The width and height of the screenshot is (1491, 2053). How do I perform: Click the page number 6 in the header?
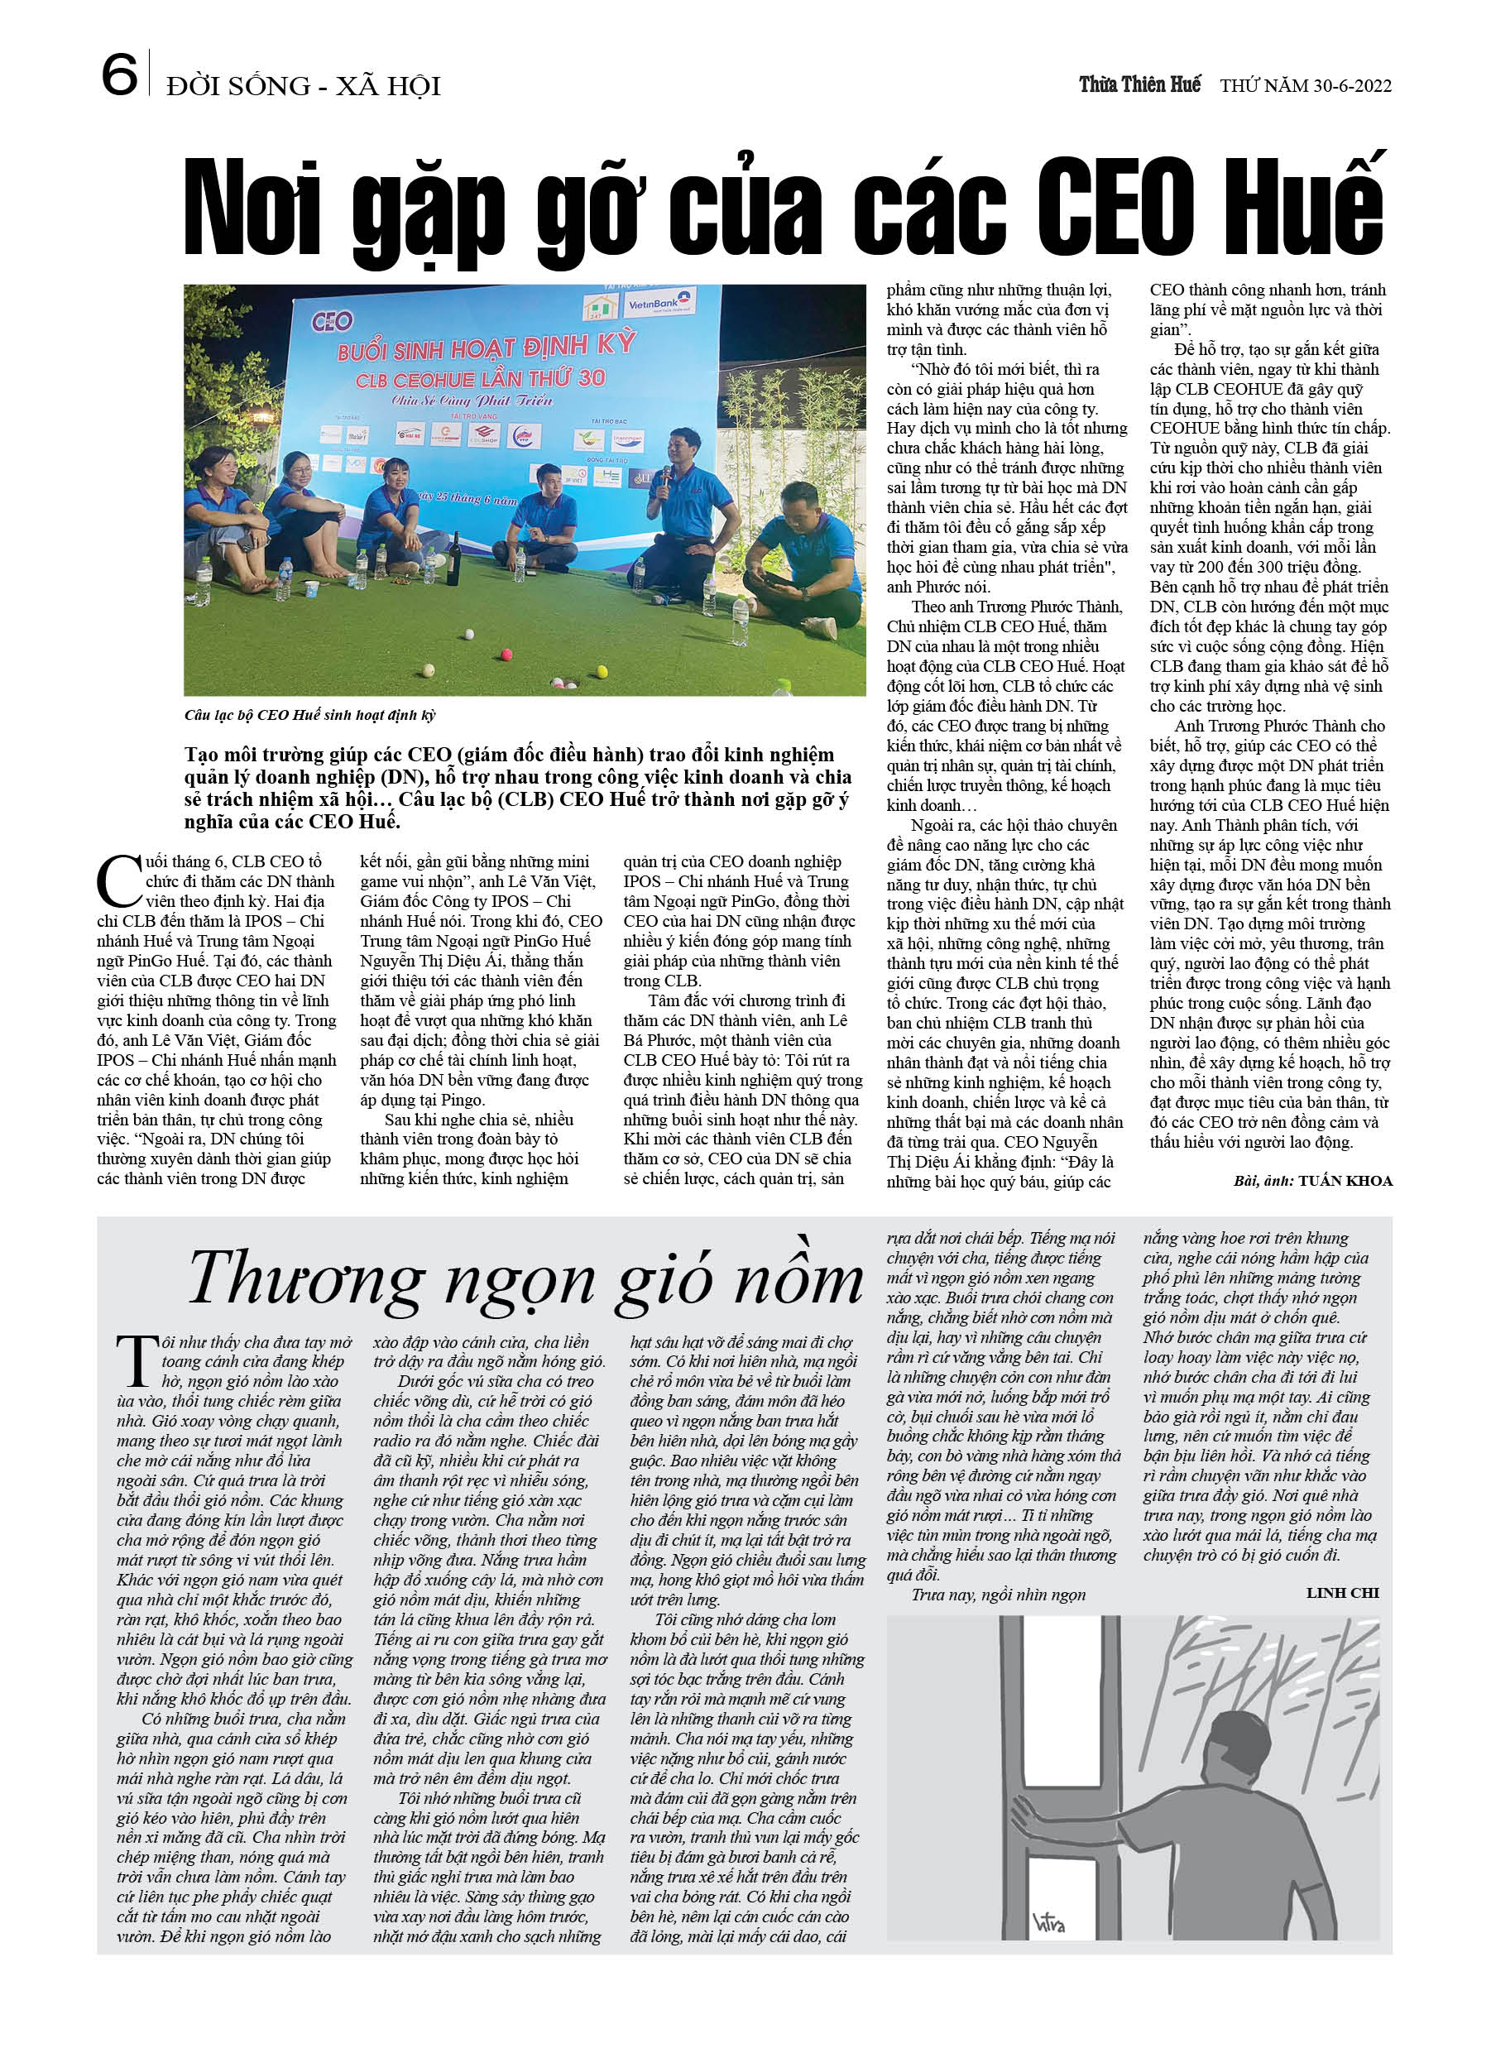(118, 75)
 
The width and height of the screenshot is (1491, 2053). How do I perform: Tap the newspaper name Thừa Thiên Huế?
(1139, 85)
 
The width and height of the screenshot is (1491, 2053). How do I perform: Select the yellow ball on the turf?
(468, 634)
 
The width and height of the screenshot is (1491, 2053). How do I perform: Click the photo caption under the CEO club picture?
(310, 715)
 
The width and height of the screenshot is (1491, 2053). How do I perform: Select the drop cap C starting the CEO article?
(118, 880)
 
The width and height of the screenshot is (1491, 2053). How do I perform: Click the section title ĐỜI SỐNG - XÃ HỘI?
(304, 86)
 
